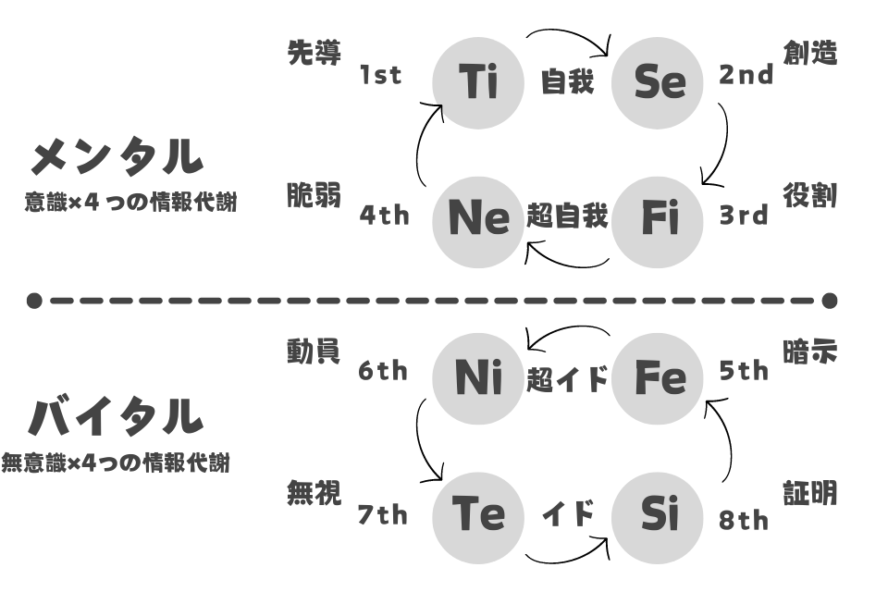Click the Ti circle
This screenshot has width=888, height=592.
tap(478, 83)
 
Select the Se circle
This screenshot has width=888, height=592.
tap(658, 83)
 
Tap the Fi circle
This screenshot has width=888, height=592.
tap(658, 222)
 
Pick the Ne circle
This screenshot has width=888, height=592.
tap(478, 222)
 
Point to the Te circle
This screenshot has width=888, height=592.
tap(478, 518)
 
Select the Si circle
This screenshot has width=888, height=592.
tap(658, 518)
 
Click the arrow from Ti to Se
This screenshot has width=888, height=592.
tap(569, 31)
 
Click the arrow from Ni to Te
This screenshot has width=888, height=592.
tap(418, 439)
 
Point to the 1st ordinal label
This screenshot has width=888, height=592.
tap(380, 75)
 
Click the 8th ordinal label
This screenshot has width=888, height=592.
tap(744, 520)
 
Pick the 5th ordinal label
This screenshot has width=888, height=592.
tap(744, 371)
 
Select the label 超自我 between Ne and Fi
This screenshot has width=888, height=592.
tap(567, 216)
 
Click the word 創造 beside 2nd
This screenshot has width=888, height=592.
tap(810, 54)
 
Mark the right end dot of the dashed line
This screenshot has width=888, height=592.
tap(829, 301)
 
